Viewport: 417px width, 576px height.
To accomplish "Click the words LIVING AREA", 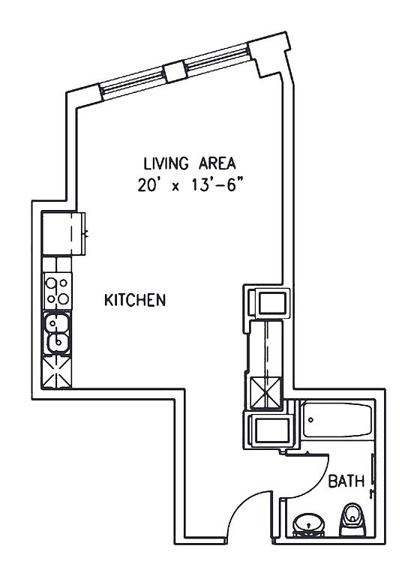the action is point(189,163).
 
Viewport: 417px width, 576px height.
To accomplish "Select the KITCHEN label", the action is point(135,300).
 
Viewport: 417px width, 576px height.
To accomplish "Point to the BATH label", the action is point(346,481).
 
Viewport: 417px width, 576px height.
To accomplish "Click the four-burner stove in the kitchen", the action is point(57,291).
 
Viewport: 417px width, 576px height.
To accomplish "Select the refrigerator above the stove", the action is point(63,233).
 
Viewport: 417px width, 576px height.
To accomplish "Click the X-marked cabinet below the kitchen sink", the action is point(56,372).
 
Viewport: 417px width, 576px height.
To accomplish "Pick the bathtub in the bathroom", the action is point(337,420).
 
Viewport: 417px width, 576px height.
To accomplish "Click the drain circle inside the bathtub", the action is point(310,419).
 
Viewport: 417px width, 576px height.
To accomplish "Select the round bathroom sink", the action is point(308,523).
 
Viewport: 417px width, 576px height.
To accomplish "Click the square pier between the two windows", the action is point(175,72).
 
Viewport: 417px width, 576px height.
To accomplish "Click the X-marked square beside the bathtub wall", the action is point(265,393).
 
